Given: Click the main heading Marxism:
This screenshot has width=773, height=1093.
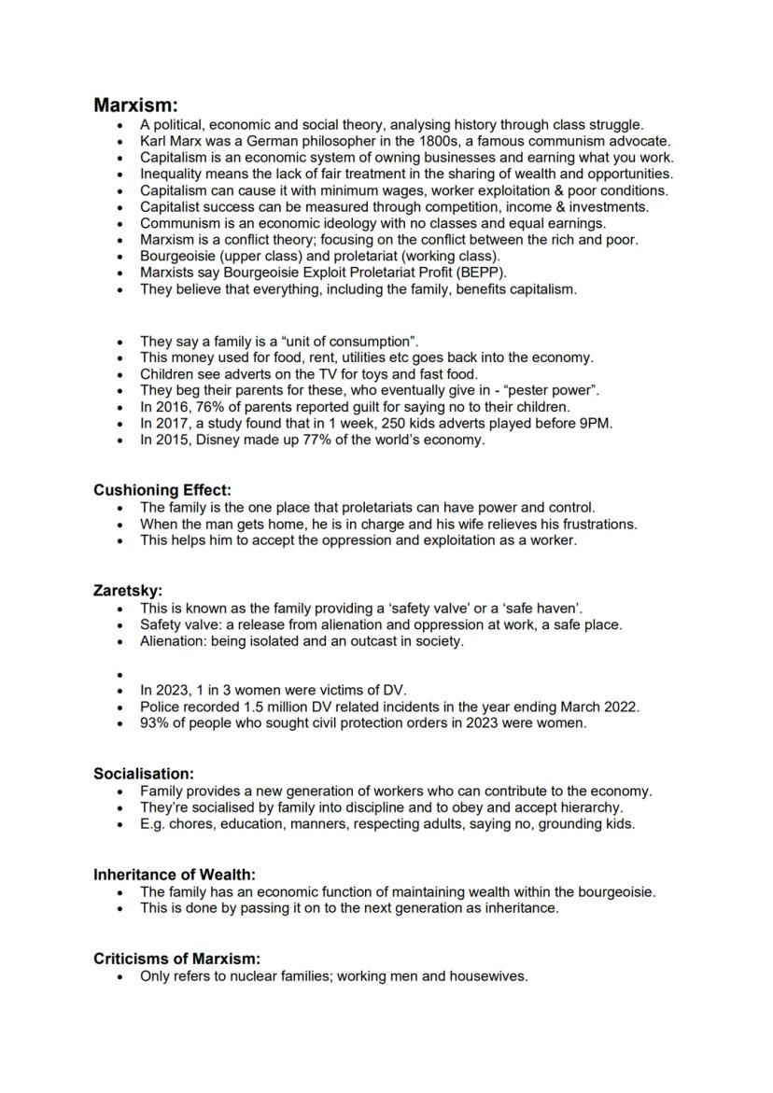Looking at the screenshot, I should pyautogui.click(x=135, y=105).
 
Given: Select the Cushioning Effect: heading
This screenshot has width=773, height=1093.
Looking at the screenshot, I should pyautogui.click(x=162, y=490).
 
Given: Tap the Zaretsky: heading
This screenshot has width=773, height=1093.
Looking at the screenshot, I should pyautogui.click(x=128, y=591).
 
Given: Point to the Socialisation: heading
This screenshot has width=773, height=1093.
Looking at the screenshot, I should pyautogui.click(x=144, y=774).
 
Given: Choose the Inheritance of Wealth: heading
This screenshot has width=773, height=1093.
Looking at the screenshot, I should pyautogui.click(x=175, y=875).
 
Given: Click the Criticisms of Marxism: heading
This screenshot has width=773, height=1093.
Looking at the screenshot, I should pyautogui.click(x=176, y=959).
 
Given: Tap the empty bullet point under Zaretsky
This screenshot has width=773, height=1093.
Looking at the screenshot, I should pyautogui.click(x=120, y=674).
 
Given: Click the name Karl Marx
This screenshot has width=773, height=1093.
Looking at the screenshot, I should pyautogui.click(x=171, y=141).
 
